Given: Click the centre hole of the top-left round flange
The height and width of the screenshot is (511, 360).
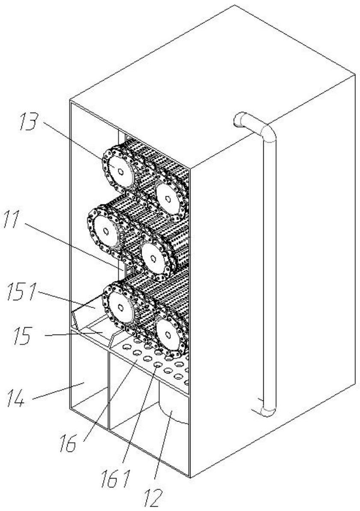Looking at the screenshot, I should pyautogui.click(x=120, y=172).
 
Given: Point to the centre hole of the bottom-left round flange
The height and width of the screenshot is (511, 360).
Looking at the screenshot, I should pyautogui.click(x=121, y=307).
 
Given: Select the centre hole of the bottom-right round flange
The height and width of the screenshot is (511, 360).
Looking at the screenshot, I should pyautogui.click(x=168, y=336).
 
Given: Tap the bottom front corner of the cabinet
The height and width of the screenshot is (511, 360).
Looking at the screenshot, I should pyautogui.click(x=189, y=477).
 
